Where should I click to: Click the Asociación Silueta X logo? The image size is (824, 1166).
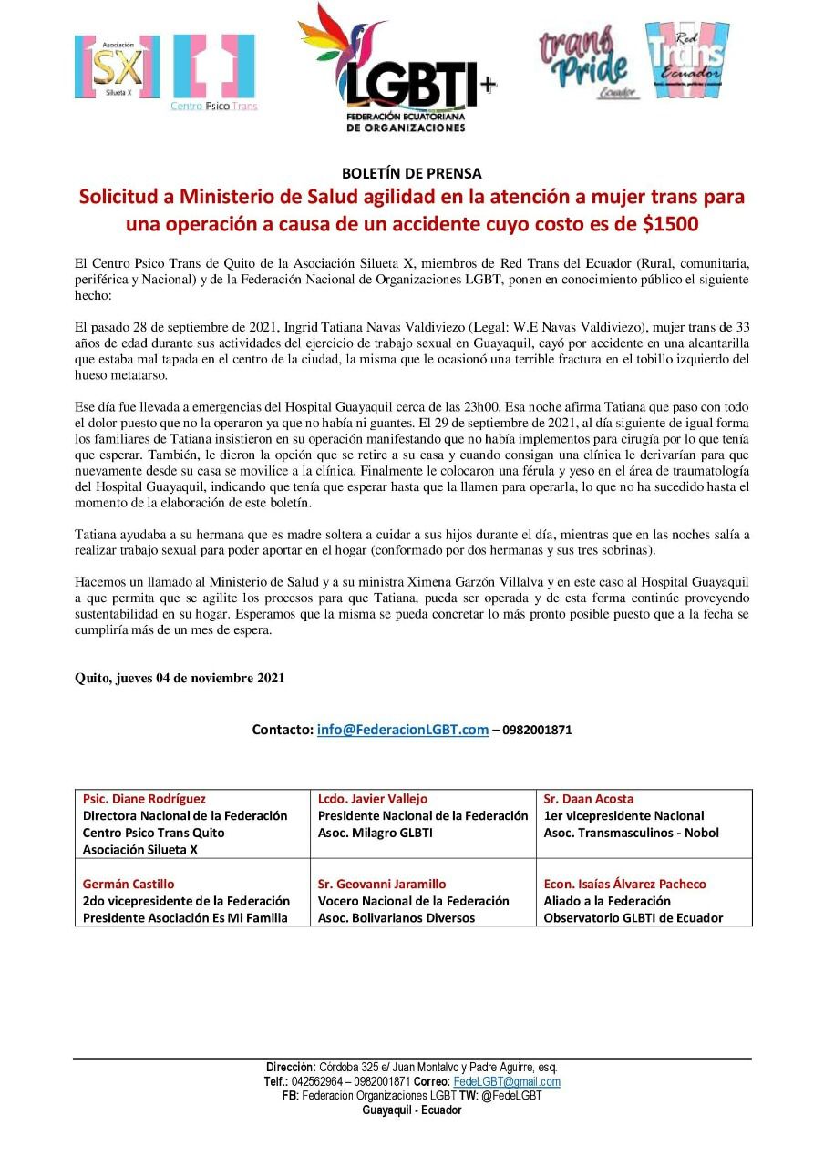point(117,66)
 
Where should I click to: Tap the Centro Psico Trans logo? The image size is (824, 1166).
point(214,73)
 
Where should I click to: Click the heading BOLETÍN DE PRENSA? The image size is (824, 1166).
point(411,172)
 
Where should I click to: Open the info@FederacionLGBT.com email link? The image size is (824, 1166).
point(403,730)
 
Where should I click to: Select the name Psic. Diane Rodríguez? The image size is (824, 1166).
point(144,799)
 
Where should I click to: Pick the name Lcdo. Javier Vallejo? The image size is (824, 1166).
point(372,799)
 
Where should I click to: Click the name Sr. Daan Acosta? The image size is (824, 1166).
point(588,799)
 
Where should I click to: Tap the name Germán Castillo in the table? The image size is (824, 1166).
point(129,884)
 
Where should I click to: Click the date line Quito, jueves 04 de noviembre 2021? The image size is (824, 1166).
point(179,678)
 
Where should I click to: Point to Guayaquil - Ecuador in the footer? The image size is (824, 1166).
point(412,1110)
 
